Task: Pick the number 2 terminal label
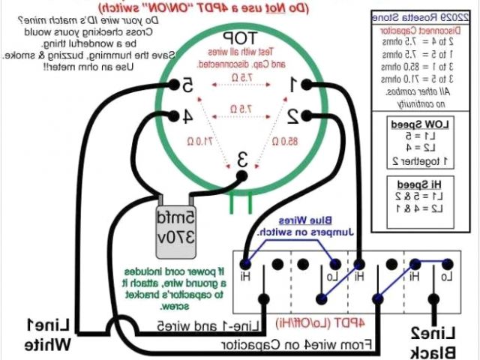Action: [295, 115]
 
